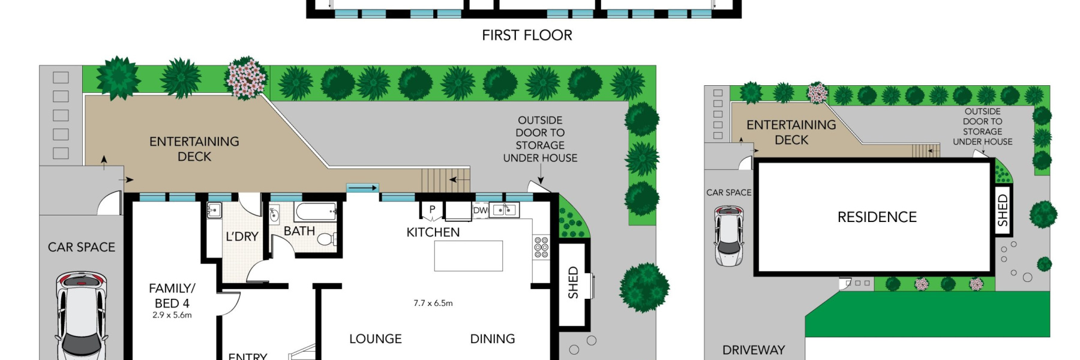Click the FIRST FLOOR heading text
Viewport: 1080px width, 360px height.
pyautogui.click(x=527, y=35)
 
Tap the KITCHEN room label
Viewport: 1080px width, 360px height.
pyautogui.click(x=433, y=232)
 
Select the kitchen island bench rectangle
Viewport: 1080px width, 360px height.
pyautogui.click(x=468, y=256)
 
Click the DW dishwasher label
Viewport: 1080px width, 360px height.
pyautogui.click(x=480, y=210)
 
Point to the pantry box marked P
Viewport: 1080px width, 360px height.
pyautogui.click(x=431, y=209)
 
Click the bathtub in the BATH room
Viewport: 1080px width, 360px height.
pyautogui.click(x=316, y=211)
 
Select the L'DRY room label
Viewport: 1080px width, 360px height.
pyautogui.click(x=242, y=236)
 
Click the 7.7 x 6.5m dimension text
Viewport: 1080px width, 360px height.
pyautogui.click(x=433, y=303)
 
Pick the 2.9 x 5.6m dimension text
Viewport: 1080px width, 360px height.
pyautogui.click(x=172, y=315)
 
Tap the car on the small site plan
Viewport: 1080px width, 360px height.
pyautogui.click(x=728, y=235)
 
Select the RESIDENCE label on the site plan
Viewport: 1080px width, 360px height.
pyautogui.click(x=877, y=217)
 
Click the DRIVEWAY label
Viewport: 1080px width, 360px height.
pyautogui.click(x=753, y=350)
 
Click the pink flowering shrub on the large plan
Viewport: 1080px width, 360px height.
pyautogui.click(x=245, y=78)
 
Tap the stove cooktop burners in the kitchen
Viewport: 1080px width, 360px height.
pyautogui.click(x=541, y=247)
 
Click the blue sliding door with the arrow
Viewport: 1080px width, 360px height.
pyautogui.click(x=362, y=188)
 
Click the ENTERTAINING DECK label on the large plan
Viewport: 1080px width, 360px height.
pyautogui.click(x=194, y=149)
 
